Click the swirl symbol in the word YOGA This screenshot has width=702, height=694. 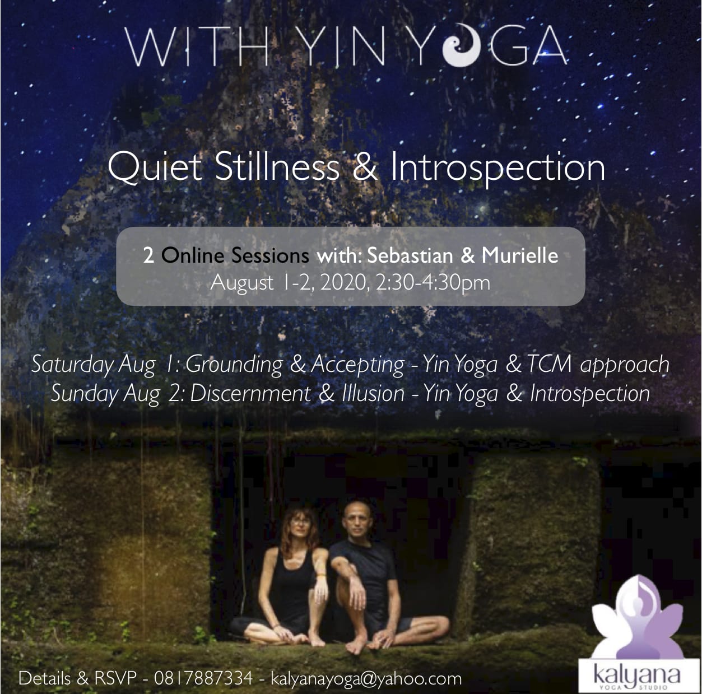click(x=462, y=45)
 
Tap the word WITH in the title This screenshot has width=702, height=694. click(x=197, y=46)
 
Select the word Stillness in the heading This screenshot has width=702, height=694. click(x=277, y=167)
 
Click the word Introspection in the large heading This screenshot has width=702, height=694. click(x=498, y=168)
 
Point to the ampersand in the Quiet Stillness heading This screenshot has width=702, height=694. click(x=365, y=167)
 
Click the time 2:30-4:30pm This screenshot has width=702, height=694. click(x=433, y=283)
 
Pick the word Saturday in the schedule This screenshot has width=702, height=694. click(x=72, y=364)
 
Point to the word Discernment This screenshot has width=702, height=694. click(x=250, y=393)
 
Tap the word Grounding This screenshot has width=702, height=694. click(x=234, y=365)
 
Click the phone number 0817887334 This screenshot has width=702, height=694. click(x=203, y=678)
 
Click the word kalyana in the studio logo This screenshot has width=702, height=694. click(x=636, y=675)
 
